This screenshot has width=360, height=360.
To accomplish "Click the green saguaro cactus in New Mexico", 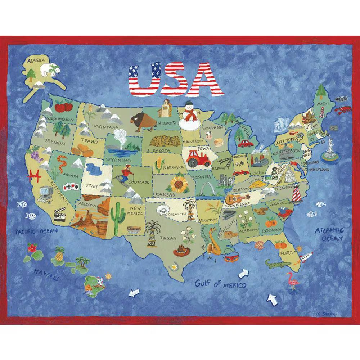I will point(117,216).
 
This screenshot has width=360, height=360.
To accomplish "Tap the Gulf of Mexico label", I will point(220,284).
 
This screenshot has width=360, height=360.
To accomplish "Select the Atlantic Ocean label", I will point(329,234).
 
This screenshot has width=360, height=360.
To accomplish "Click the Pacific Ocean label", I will point(36,230).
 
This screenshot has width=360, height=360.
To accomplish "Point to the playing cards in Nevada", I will point(69,186).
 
